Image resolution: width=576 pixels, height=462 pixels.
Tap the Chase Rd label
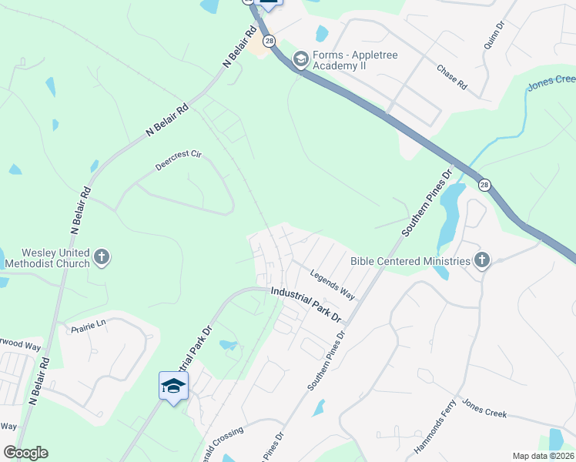pyautogui.click(x=452, y=77)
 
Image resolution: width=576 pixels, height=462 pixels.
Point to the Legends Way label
pyautogui.click(x=332, y=283)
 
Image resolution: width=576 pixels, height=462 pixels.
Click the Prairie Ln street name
pyautogui.click(x=87, y=326)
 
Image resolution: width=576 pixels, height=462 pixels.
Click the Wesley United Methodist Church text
pyautogui.click(x=45, y=257)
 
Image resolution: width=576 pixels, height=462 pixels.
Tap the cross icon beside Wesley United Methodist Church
pyautogui.click(x=102, y=257)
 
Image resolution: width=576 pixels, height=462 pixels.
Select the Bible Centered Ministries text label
pyautogui.click(x=410, y=261)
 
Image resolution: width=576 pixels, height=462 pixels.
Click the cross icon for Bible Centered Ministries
pyautogui.click(x=482, y=260)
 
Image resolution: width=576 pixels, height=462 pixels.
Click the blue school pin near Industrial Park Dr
pyautogui.click(x=173, y=385)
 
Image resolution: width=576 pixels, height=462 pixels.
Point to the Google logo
pyautogui.click(x=25, y=453)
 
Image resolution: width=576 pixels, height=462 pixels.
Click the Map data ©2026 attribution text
pyautogui.click(x=542, y=456)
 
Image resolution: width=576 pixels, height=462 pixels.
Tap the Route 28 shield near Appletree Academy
pyautogui.click(x=268, y=41)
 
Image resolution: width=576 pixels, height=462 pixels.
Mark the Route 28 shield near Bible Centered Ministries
pyautogui.click(x=484, y=185)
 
